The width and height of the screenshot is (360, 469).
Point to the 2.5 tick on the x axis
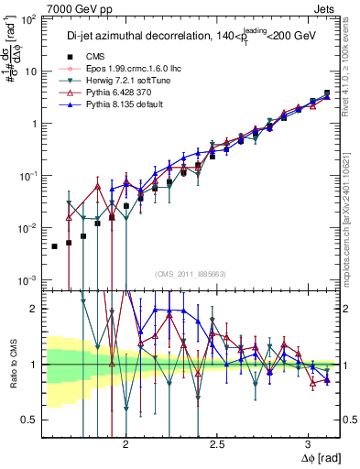217,443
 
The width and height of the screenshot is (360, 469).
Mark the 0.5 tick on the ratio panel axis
30,420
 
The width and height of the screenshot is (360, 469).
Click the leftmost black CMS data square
55,246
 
